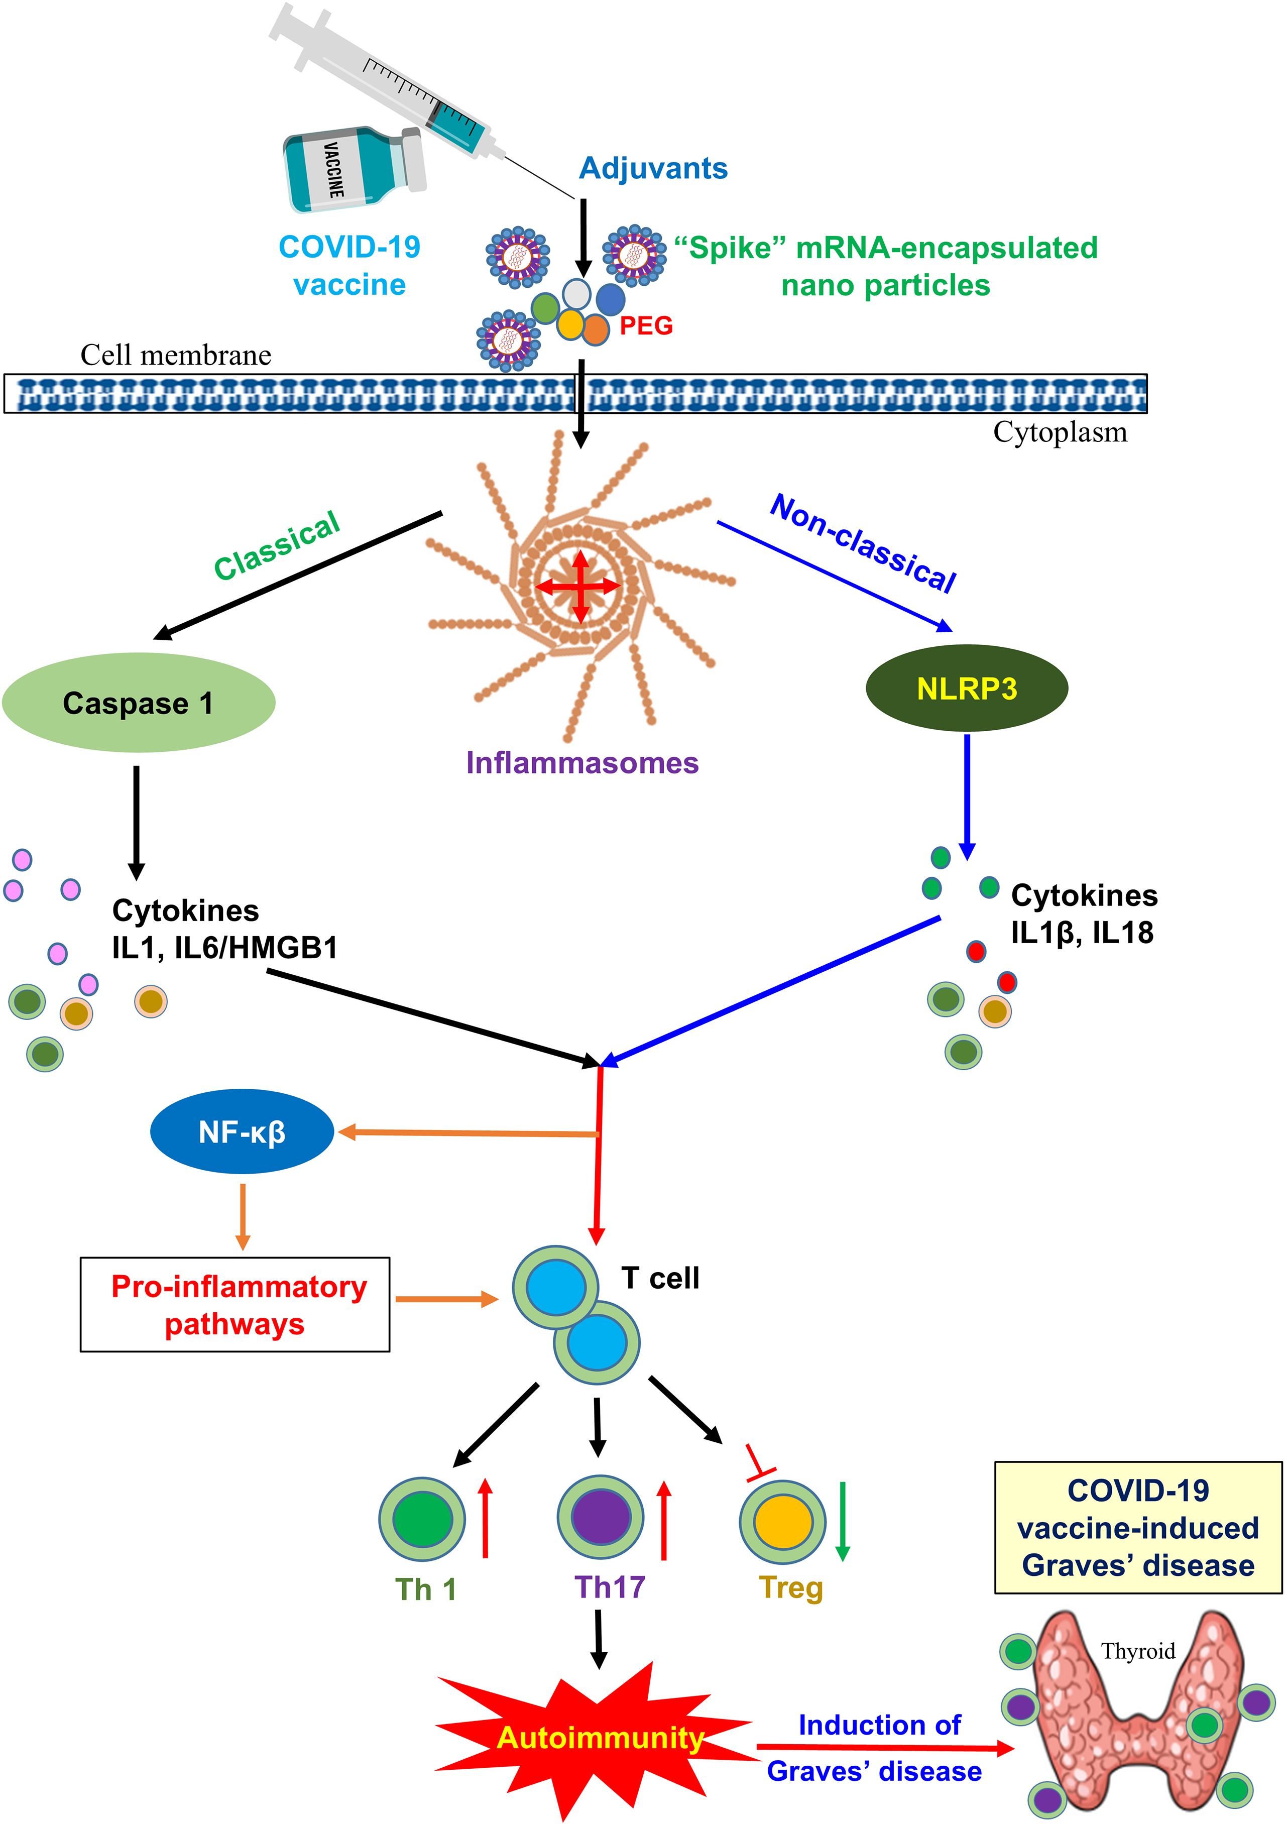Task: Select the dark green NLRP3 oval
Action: coord(966,688)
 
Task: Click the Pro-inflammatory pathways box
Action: coord(235,1304)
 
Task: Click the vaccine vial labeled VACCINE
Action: coord(354,169)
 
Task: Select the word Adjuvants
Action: coord(653,169)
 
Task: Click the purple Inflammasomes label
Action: coord(581,762)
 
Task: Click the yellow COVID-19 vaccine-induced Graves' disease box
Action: coord(1138,1528)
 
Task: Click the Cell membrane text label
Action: coord(176,355)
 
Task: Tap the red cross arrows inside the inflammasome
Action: coord(580,587)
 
